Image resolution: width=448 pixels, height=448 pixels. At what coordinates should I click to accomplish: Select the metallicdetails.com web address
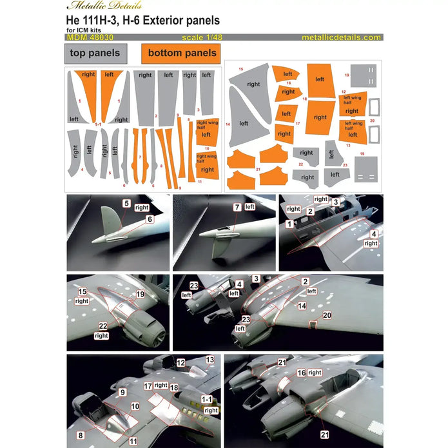tap(340, 37)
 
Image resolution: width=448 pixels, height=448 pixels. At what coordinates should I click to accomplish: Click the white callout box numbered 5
tap(127, 204)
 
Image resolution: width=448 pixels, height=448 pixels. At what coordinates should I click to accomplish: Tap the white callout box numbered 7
tap(237, 207)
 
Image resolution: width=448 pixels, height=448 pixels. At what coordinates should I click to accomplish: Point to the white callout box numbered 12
tap(180, 363)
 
